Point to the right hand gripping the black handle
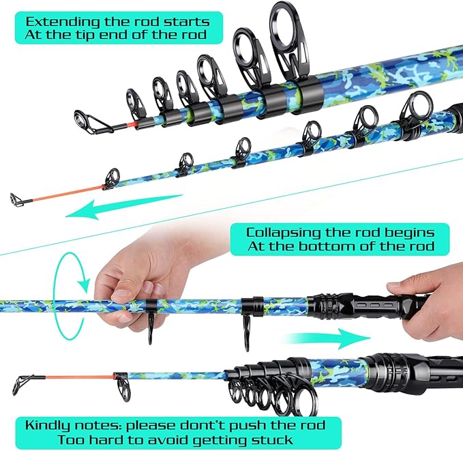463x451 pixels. [x=430, y=287]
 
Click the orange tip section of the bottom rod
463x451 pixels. [x=75, y=375]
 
